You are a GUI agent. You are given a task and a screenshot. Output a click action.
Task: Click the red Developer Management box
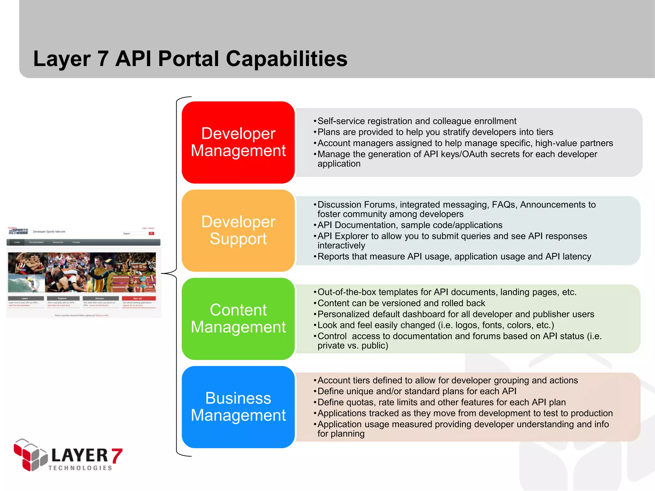[x=238, y=142]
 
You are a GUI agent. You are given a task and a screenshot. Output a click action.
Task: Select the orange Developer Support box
[x=238, y=230]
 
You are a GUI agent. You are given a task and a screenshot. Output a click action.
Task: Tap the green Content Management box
[x=238, y=319]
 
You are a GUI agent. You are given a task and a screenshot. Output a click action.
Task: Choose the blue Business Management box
[x=238, y=407]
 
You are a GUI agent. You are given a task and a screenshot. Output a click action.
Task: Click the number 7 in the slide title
[x=103, y=59]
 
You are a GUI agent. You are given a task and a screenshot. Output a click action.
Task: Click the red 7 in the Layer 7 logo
[x=117, y=456]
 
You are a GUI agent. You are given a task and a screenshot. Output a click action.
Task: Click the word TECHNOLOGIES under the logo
[x=80, y=468]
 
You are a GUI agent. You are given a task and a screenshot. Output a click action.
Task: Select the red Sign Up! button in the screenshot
[x=138, y=298]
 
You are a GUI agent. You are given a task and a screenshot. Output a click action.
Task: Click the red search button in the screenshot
[x=151, y=233]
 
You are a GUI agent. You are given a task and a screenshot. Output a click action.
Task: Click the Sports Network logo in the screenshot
[x=18, y=231]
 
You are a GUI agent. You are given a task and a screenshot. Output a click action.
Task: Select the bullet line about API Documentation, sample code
[x=410, y=225]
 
